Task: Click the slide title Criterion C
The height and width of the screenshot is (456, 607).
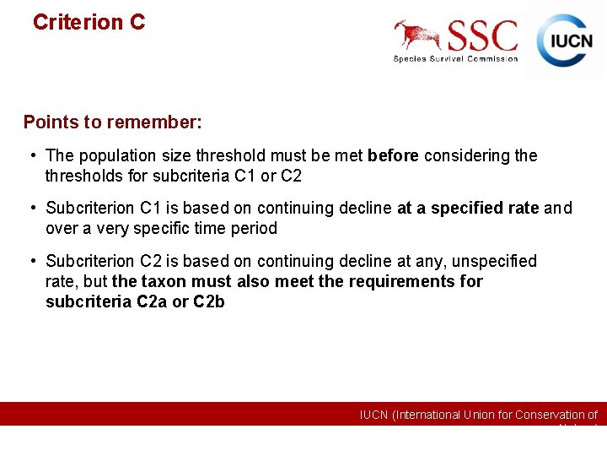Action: (x=89, y=22)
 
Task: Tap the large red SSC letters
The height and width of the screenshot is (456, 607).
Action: (x=482, y=36)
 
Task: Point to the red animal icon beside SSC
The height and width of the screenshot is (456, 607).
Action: (x=418, y=35)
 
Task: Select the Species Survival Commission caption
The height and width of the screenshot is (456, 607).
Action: (x=455, y=58)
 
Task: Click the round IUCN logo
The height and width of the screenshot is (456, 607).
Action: (x=565, y=40)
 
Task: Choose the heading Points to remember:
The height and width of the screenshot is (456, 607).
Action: (x=112, y=122)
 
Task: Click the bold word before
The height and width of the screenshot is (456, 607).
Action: (x=394, y=155)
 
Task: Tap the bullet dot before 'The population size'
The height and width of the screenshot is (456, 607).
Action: (x=30, y=155)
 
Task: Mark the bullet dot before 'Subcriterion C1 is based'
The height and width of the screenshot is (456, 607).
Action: (x=30, y=208)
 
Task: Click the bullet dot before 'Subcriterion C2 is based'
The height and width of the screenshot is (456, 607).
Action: (x=30, y=261)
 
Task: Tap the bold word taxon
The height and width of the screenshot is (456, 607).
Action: (x=164, y=281)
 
